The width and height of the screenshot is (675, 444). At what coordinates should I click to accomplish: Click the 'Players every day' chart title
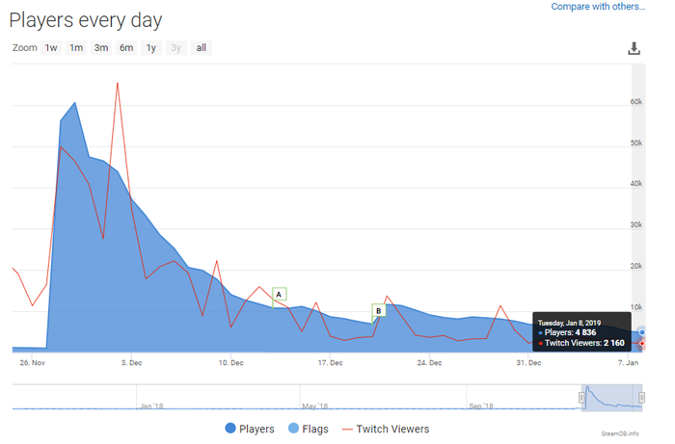(86, 19)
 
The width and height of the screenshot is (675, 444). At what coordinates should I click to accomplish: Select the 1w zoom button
(51, 48)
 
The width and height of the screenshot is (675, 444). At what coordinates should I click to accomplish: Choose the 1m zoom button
(76, 48)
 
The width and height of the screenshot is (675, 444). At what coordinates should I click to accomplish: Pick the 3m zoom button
(101, 48)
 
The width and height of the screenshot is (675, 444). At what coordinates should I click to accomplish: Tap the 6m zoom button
(126, 48)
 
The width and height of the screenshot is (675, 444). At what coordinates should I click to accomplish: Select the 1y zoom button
(151, 48)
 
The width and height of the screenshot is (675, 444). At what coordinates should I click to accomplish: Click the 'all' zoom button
(202, 48)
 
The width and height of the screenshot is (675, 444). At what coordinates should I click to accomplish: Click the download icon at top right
(634, 49)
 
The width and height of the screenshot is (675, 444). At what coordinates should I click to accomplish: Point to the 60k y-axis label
(635, 101)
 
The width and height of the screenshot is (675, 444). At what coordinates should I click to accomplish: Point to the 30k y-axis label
(635, 224)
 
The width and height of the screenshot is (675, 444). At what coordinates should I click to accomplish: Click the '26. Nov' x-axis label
(33, 363)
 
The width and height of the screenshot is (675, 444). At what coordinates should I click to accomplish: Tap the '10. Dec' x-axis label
(229, 363)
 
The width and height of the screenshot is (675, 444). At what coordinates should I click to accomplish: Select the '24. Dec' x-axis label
(429, 363)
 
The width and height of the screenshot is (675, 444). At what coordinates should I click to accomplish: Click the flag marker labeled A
(279, 294)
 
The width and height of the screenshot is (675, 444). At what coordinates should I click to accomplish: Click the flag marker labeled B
(379, 310)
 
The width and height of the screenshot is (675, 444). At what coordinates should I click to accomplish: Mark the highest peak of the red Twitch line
(118, 83)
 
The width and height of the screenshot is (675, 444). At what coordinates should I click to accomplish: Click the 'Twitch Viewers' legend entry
(392, 429)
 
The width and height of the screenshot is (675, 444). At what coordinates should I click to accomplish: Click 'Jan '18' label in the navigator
(152, 405)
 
